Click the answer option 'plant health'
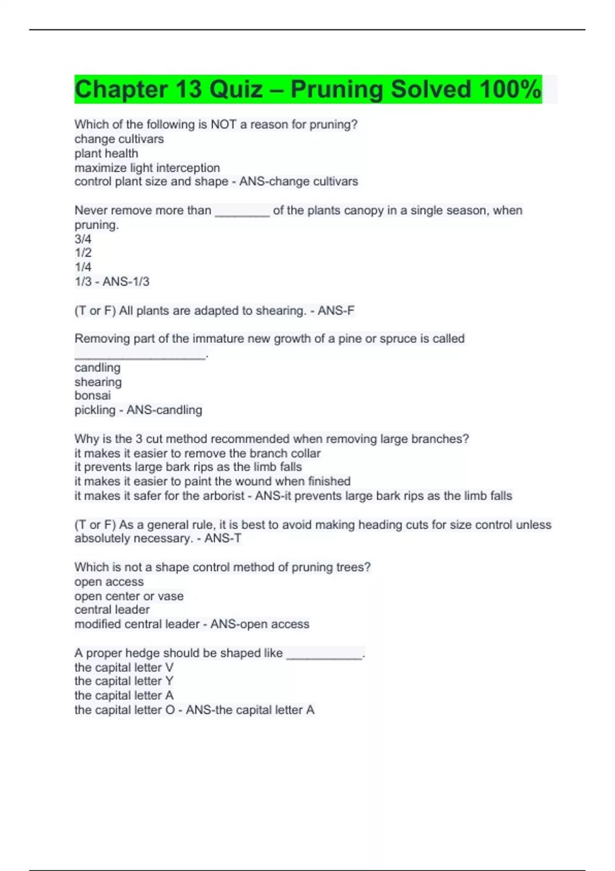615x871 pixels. click(x=106, y=153)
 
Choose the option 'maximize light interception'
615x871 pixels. click(x=147, y=168)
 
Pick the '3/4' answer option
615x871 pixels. click(x=83, y=239)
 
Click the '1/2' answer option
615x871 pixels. click(x=83, y=253)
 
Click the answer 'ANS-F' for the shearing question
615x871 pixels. click(x=336, y=310)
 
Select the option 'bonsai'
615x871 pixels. click(x=92, y=396)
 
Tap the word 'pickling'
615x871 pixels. click(x=95, y=410)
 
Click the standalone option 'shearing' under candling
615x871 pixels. click(x=98, y=382)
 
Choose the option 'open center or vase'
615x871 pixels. click(x=129, y=596)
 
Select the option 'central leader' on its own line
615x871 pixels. click(x=112, y=610)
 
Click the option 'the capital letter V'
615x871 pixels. click(x=124, y=668)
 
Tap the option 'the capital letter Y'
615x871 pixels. click(x=124, y=681)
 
